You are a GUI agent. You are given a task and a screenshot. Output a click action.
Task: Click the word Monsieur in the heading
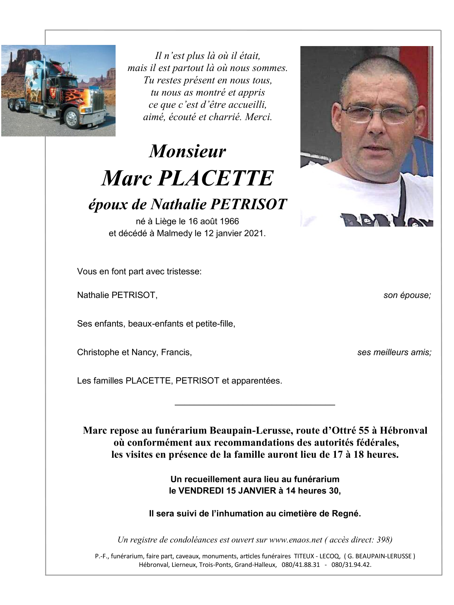tap(188, 151)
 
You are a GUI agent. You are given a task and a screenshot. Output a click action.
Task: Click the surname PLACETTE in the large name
tap(215, 178)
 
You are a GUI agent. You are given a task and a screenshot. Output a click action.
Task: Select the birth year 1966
tap(229, 221)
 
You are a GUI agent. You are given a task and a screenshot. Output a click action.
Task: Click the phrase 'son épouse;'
tap(407, 295)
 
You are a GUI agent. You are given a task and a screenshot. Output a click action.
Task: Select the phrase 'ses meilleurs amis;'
tap(394, 352)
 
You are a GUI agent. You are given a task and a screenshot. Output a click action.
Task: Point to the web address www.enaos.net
tap(295, 540)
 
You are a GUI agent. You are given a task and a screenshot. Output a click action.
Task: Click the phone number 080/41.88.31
tap(300, 565)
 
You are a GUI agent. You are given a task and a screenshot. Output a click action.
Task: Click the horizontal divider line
tap(255, 405)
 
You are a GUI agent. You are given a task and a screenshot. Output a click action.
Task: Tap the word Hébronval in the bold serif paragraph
tap(403, 431)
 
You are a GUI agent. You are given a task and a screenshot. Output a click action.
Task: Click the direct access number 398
tap(383, 540)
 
